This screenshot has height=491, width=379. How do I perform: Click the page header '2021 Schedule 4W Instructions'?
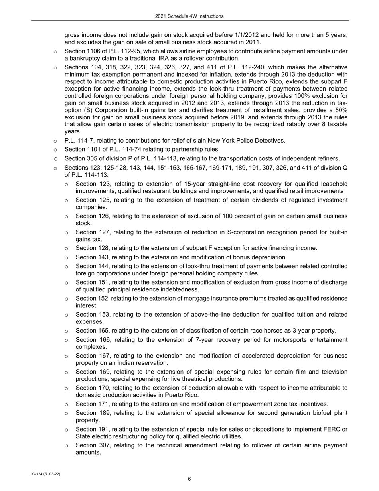point(189,16)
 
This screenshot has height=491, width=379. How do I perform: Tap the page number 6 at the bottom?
point(189,479)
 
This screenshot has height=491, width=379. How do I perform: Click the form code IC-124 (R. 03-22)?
point(46,474)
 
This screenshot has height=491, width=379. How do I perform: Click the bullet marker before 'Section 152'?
point(67,299)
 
